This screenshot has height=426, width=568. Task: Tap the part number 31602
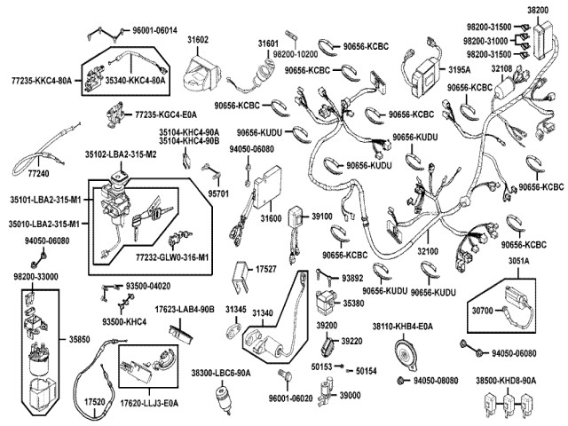pyautogui.click(x=197, y=41)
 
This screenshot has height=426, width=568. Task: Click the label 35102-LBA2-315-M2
pyautogui.click(x=121, y=154)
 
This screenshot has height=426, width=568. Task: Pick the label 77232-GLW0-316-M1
pyautogui.click(x=172, y=257)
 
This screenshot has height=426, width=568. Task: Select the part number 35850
pyautogui.click(x=79, y=338)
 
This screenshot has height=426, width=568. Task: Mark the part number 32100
pyautogui.click(x=428, y=252)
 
